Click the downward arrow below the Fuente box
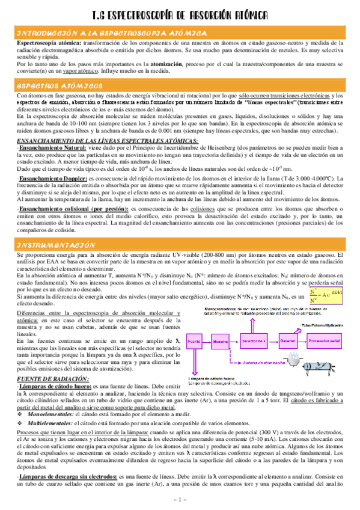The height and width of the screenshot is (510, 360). (x=194, y=360)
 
